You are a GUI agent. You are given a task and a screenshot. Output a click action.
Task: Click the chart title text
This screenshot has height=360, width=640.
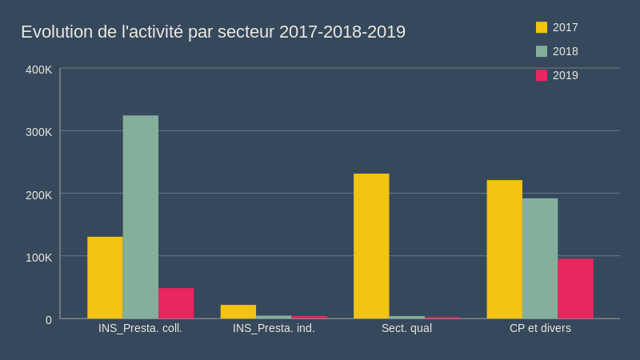point(213,32)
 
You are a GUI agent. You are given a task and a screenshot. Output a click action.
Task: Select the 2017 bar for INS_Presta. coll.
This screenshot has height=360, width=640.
point(105,278)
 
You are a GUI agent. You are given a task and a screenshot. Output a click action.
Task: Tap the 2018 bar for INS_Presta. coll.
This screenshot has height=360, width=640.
point(141,217)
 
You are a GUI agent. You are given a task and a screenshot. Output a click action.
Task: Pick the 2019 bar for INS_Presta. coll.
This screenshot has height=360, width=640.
point(176,303)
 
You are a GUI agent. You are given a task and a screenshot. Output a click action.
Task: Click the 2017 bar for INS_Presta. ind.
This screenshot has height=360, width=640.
point(238,311)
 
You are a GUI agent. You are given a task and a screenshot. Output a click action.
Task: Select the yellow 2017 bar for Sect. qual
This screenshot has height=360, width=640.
point(371,246)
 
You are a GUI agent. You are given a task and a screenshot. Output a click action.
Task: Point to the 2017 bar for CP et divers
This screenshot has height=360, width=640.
point(505,250)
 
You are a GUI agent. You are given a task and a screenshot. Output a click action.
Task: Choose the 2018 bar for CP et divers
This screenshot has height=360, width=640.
point(540,258)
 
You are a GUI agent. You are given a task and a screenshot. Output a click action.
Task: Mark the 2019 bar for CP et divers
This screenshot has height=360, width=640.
point(575,289)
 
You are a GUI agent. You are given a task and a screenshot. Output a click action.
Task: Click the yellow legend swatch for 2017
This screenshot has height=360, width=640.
point(542,27)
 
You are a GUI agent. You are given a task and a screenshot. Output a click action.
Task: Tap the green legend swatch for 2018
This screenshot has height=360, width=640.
point(542,51)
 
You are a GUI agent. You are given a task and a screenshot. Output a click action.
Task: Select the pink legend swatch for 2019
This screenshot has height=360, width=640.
point(542,75)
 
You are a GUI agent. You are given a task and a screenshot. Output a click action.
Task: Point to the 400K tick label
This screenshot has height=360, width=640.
point(39,70)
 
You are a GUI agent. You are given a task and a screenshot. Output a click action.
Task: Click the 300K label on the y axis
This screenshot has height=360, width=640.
point(39,132)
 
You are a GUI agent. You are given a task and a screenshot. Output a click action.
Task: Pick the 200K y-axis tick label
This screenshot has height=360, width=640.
point(39,194)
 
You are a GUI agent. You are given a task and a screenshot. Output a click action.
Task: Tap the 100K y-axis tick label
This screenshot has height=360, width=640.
point(39,257)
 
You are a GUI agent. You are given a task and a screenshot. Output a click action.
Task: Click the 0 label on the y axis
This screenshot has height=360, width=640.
point(49,320)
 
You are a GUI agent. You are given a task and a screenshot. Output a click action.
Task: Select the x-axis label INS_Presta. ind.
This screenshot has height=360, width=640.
point(274,328)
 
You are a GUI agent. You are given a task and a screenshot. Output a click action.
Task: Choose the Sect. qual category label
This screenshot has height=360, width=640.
point(406,328)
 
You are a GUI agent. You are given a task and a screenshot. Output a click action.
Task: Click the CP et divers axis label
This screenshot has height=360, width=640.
point(540,328)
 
